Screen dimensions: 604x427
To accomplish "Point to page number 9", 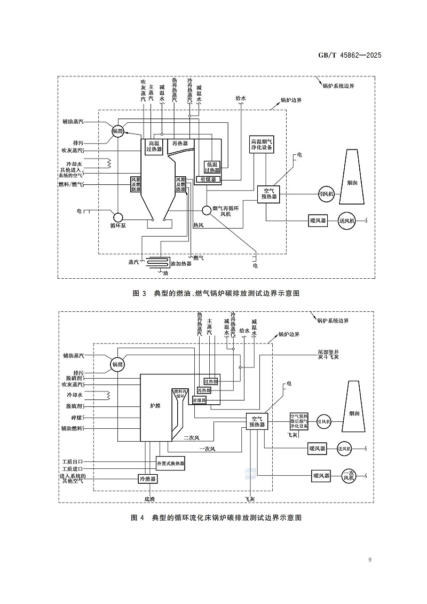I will tap(370, 559).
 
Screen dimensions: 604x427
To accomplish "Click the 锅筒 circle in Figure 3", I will tap(117, 131).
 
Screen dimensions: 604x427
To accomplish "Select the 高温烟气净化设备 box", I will tap(262, 145).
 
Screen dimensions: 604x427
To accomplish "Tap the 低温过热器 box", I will tap(212, 167).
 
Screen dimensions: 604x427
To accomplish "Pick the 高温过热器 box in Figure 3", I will tap(154, 146).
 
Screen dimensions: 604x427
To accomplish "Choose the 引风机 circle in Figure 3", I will tap(325, 194).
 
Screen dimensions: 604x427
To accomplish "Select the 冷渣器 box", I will tap(147, 479).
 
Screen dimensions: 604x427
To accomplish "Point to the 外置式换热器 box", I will tap(170, 463).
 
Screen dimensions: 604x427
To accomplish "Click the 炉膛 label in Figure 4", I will tap(155, 406).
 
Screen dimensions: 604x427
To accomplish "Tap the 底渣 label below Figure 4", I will tap(149, 499).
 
